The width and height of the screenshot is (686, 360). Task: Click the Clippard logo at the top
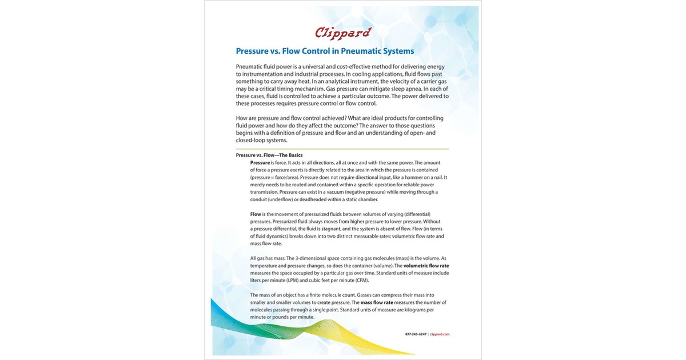342,33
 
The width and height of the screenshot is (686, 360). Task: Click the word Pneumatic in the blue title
343,51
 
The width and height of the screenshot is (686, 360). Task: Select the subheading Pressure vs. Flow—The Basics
269,155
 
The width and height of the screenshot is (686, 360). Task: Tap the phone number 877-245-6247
416,334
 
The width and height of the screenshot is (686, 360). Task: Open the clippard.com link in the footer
440,334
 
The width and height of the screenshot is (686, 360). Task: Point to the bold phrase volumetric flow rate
426,266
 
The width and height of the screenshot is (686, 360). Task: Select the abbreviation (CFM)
361,280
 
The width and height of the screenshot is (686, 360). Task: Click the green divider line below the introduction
342,149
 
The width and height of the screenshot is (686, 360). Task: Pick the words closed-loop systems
261,140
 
